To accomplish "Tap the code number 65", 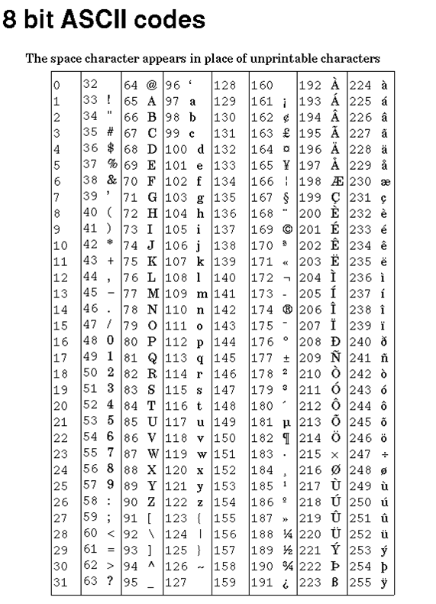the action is point(130,100).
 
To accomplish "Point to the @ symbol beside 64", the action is point(151,84).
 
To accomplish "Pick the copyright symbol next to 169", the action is point(286,228).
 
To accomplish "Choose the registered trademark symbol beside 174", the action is point(286,310).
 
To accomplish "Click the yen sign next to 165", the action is point(286,164).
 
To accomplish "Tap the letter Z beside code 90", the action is point(151,502).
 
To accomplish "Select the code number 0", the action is point(57,86).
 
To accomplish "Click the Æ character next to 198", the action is point(335,180).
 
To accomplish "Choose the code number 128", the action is point(224,84).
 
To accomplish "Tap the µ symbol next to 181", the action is point(286,422).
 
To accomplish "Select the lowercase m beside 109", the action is point(202,294).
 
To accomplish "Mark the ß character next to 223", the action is point(334,583).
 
